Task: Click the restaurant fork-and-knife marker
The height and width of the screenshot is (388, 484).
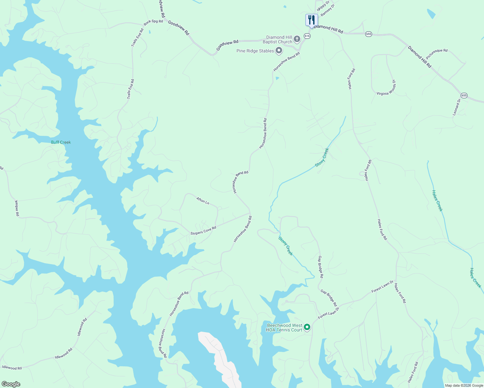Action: click(x=311, y=20)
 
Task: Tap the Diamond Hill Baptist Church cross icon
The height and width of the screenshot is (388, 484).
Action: click(x=297, y=39)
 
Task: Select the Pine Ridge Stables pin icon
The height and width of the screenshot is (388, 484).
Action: click(x=279, y=51)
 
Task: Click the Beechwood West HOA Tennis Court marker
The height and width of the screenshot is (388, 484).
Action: click(x=307, y=328)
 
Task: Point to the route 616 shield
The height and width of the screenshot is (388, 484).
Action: click(x=307, y=36)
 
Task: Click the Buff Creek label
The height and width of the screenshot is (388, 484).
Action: click(x=61, y=142)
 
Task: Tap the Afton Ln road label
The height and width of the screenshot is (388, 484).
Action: click(x=203, y=201)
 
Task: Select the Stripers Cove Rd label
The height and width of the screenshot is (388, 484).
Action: click(x=203, y=231)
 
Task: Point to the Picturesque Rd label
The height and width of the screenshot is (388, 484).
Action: click(x=437, y=54)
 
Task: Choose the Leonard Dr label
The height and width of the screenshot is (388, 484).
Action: click(x=456, y=107)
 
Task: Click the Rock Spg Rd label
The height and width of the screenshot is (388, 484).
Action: click(x=153, y=22)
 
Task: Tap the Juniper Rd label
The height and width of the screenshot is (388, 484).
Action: click(x=17, y=208)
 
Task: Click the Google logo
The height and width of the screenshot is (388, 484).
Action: click(x=11, y=384)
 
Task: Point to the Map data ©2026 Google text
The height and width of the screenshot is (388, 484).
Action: click(x=464, y=385)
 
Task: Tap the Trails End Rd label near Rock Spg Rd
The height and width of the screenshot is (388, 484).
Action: click(x=137, y=38)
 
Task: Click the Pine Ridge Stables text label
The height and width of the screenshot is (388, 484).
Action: click(x=255, y=51)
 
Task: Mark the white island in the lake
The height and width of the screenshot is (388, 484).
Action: click(x=220, y=356)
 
